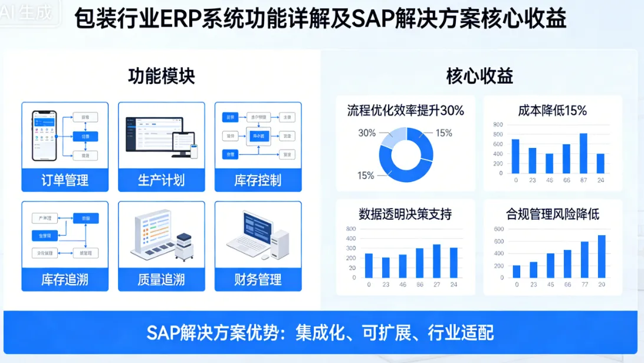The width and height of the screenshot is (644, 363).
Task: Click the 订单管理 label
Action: click(65, 180)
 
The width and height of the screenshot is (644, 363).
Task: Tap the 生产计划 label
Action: click(161, 180)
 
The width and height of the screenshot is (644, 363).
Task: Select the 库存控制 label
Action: click(258, 180)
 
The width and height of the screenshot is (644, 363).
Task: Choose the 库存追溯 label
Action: click(65, 279)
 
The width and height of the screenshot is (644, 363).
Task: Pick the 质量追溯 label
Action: click(161, 279)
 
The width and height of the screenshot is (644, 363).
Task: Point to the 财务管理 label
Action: click(258, 279)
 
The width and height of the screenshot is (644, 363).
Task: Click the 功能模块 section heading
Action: click(161, 76)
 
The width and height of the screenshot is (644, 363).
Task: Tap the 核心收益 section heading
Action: click(479, 76)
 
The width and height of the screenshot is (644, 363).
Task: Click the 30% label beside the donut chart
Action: click(367, 133)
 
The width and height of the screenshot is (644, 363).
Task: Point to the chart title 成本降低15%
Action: click(552, 110)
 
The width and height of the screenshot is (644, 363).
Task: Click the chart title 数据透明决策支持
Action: click(405, 214)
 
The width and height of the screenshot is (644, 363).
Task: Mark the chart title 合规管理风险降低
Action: click(552, 214)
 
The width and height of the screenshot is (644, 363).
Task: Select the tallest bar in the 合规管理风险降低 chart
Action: click(601, 256)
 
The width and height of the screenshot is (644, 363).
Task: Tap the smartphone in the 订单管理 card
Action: click(44, 135)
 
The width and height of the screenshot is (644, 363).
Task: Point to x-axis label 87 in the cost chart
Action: click(583, 180)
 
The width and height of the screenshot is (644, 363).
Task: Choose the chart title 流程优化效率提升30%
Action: click(405, 110)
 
